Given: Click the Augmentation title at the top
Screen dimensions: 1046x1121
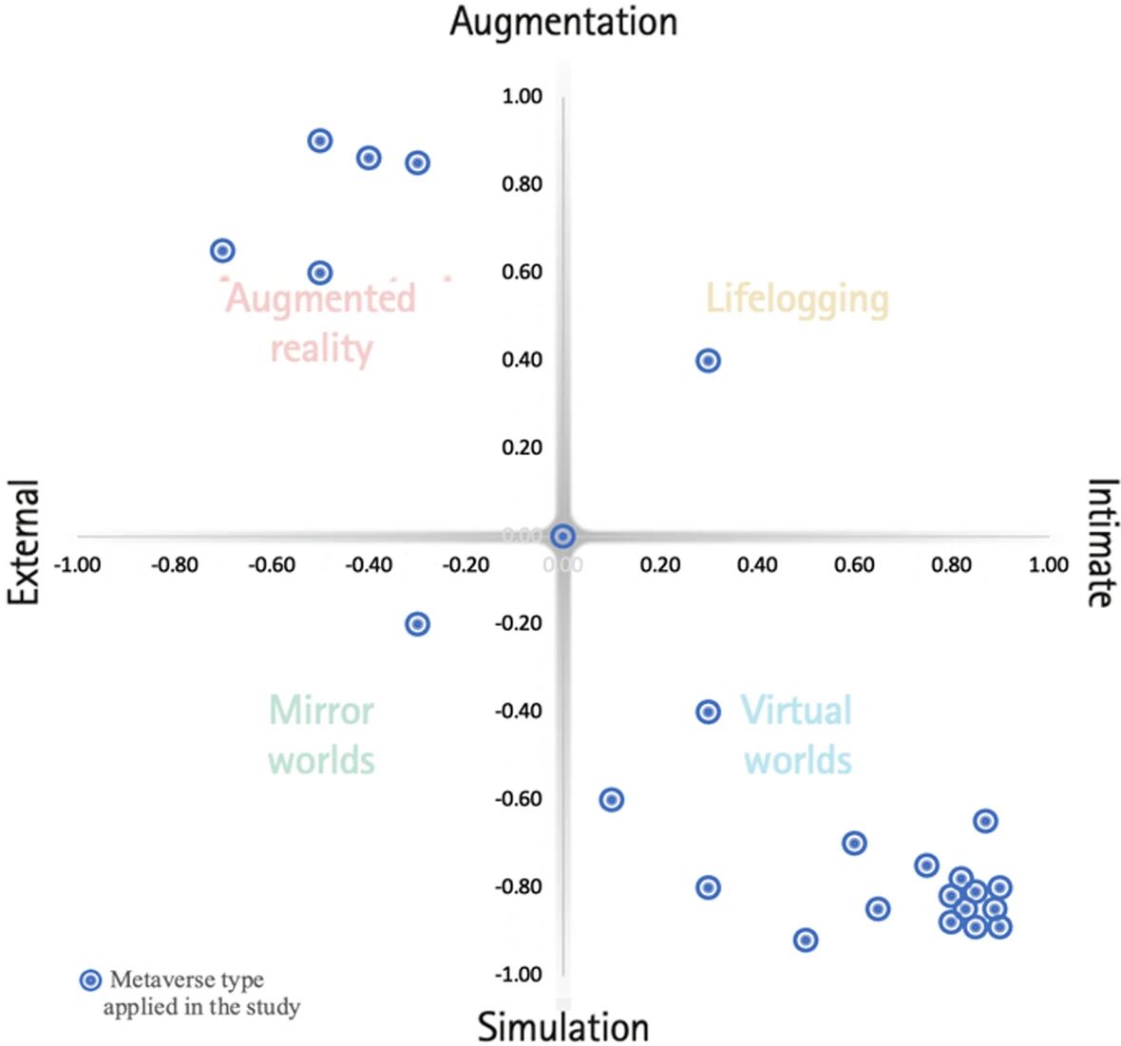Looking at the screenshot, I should coord(563,21).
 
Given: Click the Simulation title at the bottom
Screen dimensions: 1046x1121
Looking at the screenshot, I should coord(563,1027).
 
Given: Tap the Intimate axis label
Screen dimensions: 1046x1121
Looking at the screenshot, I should coord(1100,542).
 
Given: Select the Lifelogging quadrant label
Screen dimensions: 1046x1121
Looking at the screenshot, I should coord(797,298).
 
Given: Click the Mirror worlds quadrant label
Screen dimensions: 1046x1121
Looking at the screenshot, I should coord(322,734).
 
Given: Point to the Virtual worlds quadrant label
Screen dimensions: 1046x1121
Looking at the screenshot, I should coord(797,734).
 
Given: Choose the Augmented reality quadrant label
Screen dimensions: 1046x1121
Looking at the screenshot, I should coord(321,323).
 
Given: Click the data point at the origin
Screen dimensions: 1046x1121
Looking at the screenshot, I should coord(563,536).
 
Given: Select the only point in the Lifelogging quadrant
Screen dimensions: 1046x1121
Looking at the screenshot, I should coord(708,360).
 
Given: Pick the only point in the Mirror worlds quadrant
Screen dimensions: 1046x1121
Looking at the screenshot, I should coord(417,624).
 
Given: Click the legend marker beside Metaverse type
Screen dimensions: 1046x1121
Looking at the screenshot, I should coord(90,980).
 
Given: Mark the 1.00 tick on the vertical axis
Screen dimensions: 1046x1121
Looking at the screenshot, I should coord(522,96).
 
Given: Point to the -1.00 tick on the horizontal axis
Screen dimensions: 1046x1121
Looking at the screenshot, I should coord(77,565).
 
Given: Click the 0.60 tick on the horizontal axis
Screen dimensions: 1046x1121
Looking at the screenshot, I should coord(854,565).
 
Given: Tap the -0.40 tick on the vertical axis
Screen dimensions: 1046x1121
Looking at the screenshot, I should coord(518,711).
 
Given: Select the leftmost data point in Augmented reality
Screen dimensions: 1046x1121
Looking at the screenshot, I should coord(222,251).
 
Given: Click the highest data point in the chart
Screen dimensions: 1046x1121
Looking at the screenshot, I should coord(320,141).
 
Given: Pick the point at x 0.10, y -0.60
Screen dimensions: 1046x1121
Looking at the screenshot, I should coord(612,799).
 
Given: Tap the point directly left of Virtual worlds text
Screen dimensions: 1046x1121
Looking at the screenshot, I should coord(708,712).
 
